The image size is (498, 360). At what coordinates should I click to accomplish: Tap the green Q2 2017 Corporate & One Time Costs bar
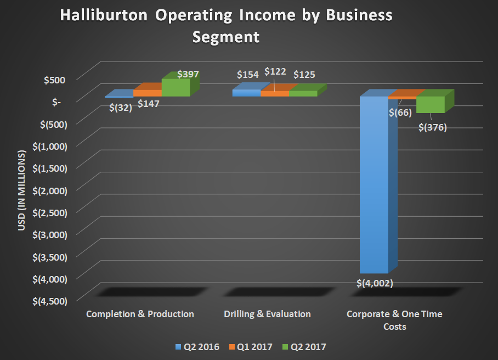point(430,104)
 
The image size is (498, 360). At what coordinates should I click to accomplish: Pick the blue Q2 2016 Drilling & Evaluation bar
point(246,93)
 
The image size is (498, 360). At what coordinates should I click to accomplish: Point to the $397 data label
point(188,74)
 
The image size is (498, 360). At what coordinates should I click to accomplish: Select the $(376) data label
point(433,127)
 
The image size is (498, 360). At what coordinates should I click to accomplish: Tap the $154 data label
point(247,75)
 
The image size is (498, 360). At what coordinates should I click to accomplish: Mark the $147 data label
point(148,103)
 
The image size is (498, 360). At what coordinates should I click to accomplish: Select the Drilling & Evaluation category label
point(267,314)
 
